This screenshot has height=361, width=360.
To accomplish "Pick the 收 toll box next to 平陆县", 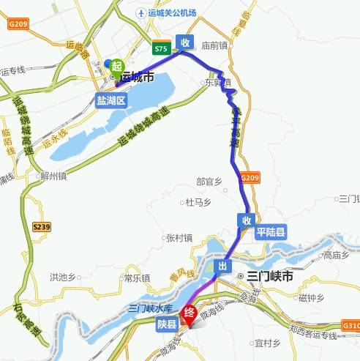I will point(247,220).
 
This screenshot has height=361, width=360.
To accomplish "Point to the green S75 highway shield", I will point(161,48).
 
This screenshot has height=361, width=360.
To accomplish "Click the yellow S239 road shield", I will point(42,228).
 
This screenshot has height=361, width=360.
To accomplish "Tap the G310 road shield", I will point(351,325).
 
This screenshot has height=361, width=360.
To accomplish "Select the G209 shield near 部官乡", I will point(250,178).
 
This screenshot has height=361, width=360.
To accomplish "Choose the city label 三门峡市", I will point(269,277).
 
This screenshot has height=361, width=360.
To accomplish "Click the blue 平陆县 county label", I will point(271,231).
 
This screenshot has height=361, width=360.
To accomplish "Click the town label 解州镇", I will point(53,176).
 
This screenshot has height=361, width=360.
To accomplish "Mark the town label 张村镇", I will point(179,237).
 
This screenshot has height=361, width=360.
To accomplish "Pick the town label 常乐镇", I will point(136,278).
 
